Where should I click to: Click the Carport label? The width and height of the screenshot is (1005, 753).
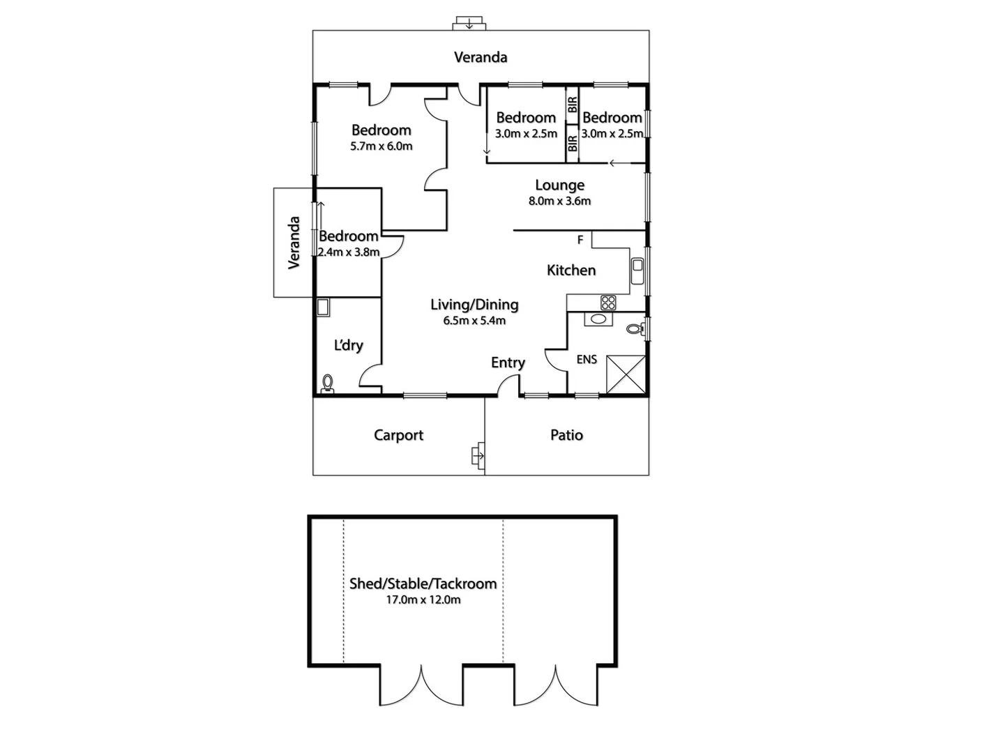[x=398, y=435]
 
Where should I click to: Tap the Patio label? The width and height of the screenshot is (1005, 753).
[x=566, y=435]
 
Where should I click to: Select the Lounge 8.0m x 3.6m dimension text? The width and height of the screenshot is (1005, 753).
[x=559, y=201]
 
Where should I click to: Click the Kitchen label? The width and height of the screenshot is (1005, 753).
[x=570, y=271]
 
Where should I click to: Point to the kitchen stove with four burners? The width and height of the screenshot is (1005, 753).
[x=608, y=303]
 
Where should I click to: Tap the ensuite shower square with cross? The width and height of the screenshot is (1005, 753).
[x=626, y=374]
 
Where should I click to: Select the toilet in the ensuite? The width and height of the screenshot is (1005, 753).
[x=634, y=329]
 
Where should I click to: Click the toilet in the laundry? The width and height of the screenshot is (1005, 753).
[x=328, y=383]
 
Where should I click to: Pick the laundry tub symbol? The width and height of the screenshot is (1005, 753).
[x=322, y=307]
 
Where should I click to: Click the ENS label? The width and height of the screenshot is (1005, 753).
[x=587, y=360]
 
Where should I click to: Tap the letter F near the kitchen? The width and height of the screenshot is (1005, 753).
[x=580, y=241]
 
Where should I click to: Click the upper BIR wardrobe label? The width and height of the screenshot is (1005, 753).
[x=573, y=105]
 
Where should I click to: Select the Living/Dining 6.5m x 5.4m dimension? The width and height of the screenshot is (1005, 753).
[x=474, y=321]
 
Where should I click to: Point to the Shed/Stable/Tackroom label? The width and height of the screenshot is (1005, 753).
[x=423, y=584]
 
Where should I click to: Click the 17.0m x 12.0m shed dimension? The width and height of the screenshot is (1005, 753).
[x=423, y=600]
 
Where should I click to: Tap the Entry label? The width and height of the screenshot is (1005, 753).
[x=508, y=363]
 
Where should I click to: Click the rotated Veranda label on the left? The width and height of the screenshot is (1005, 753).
[x=294, y=243]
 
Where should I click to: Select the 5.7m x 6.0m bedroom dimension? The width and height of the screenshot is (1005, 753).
[x=381, y=146]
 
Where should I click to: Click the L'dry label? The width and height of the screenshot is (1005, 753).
[x=348, y=345]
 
